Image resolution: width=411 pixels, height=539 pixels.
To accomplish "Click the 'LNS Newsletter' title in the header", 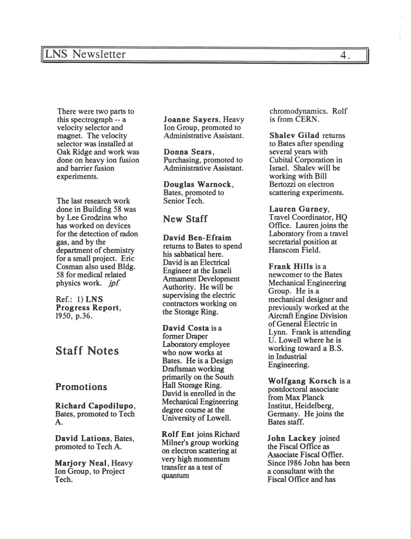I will pyautogui.click(x=85, y=54).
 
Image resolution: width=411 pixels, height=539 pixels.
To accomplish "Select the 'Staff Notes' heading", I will pyautogui.click(x=87, y=351).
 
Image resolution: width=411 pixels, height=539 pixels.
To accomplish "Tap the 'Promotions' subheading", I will pyautogui.click(x=81, y=387).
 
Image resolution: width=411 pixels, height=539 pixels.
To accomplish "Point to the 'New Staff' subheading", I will pyautogui.click(x=185, y=219).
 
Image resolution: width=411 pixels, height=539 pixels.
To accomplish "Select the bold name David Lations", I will pyautogui.click(x=82, y=438).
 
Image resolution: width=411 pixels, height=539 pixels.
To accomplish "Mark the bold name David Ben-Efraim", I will pyautogui.click(x=197, y=238).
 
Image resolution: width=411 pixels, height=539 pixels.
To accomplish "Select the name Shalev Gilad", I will pyautogui.click(x=294, y=135).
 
